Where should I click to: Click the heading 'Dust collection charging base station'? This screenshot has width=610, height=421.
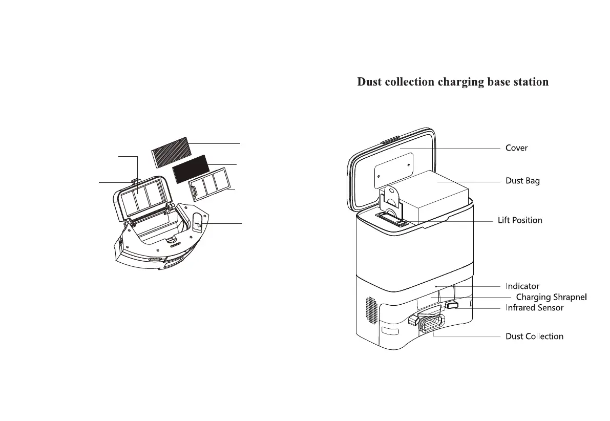[x=453, y=82]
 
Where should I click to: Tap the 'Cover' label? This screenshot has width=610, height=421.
[x=516, y=148]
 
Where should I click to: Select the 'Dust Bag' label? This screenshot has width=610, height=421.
[x=522, y=181]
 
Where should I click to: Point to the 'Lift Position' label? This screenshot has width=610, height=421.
[x=520, y=220]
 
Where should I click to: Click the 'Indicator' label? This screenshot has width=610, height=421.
[x=522, y=286]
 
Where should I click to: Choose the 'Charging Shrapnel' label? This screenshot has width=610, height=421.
[x=551, y=297]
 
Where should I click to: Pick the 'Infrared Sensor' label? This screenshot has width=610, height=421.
[x=534, y=308]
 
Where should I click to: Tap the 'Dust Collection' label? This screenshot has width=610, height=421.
[x=534, y=336]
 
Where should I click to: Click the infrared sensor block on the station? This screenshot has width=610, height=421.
[x=452, y=305]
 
